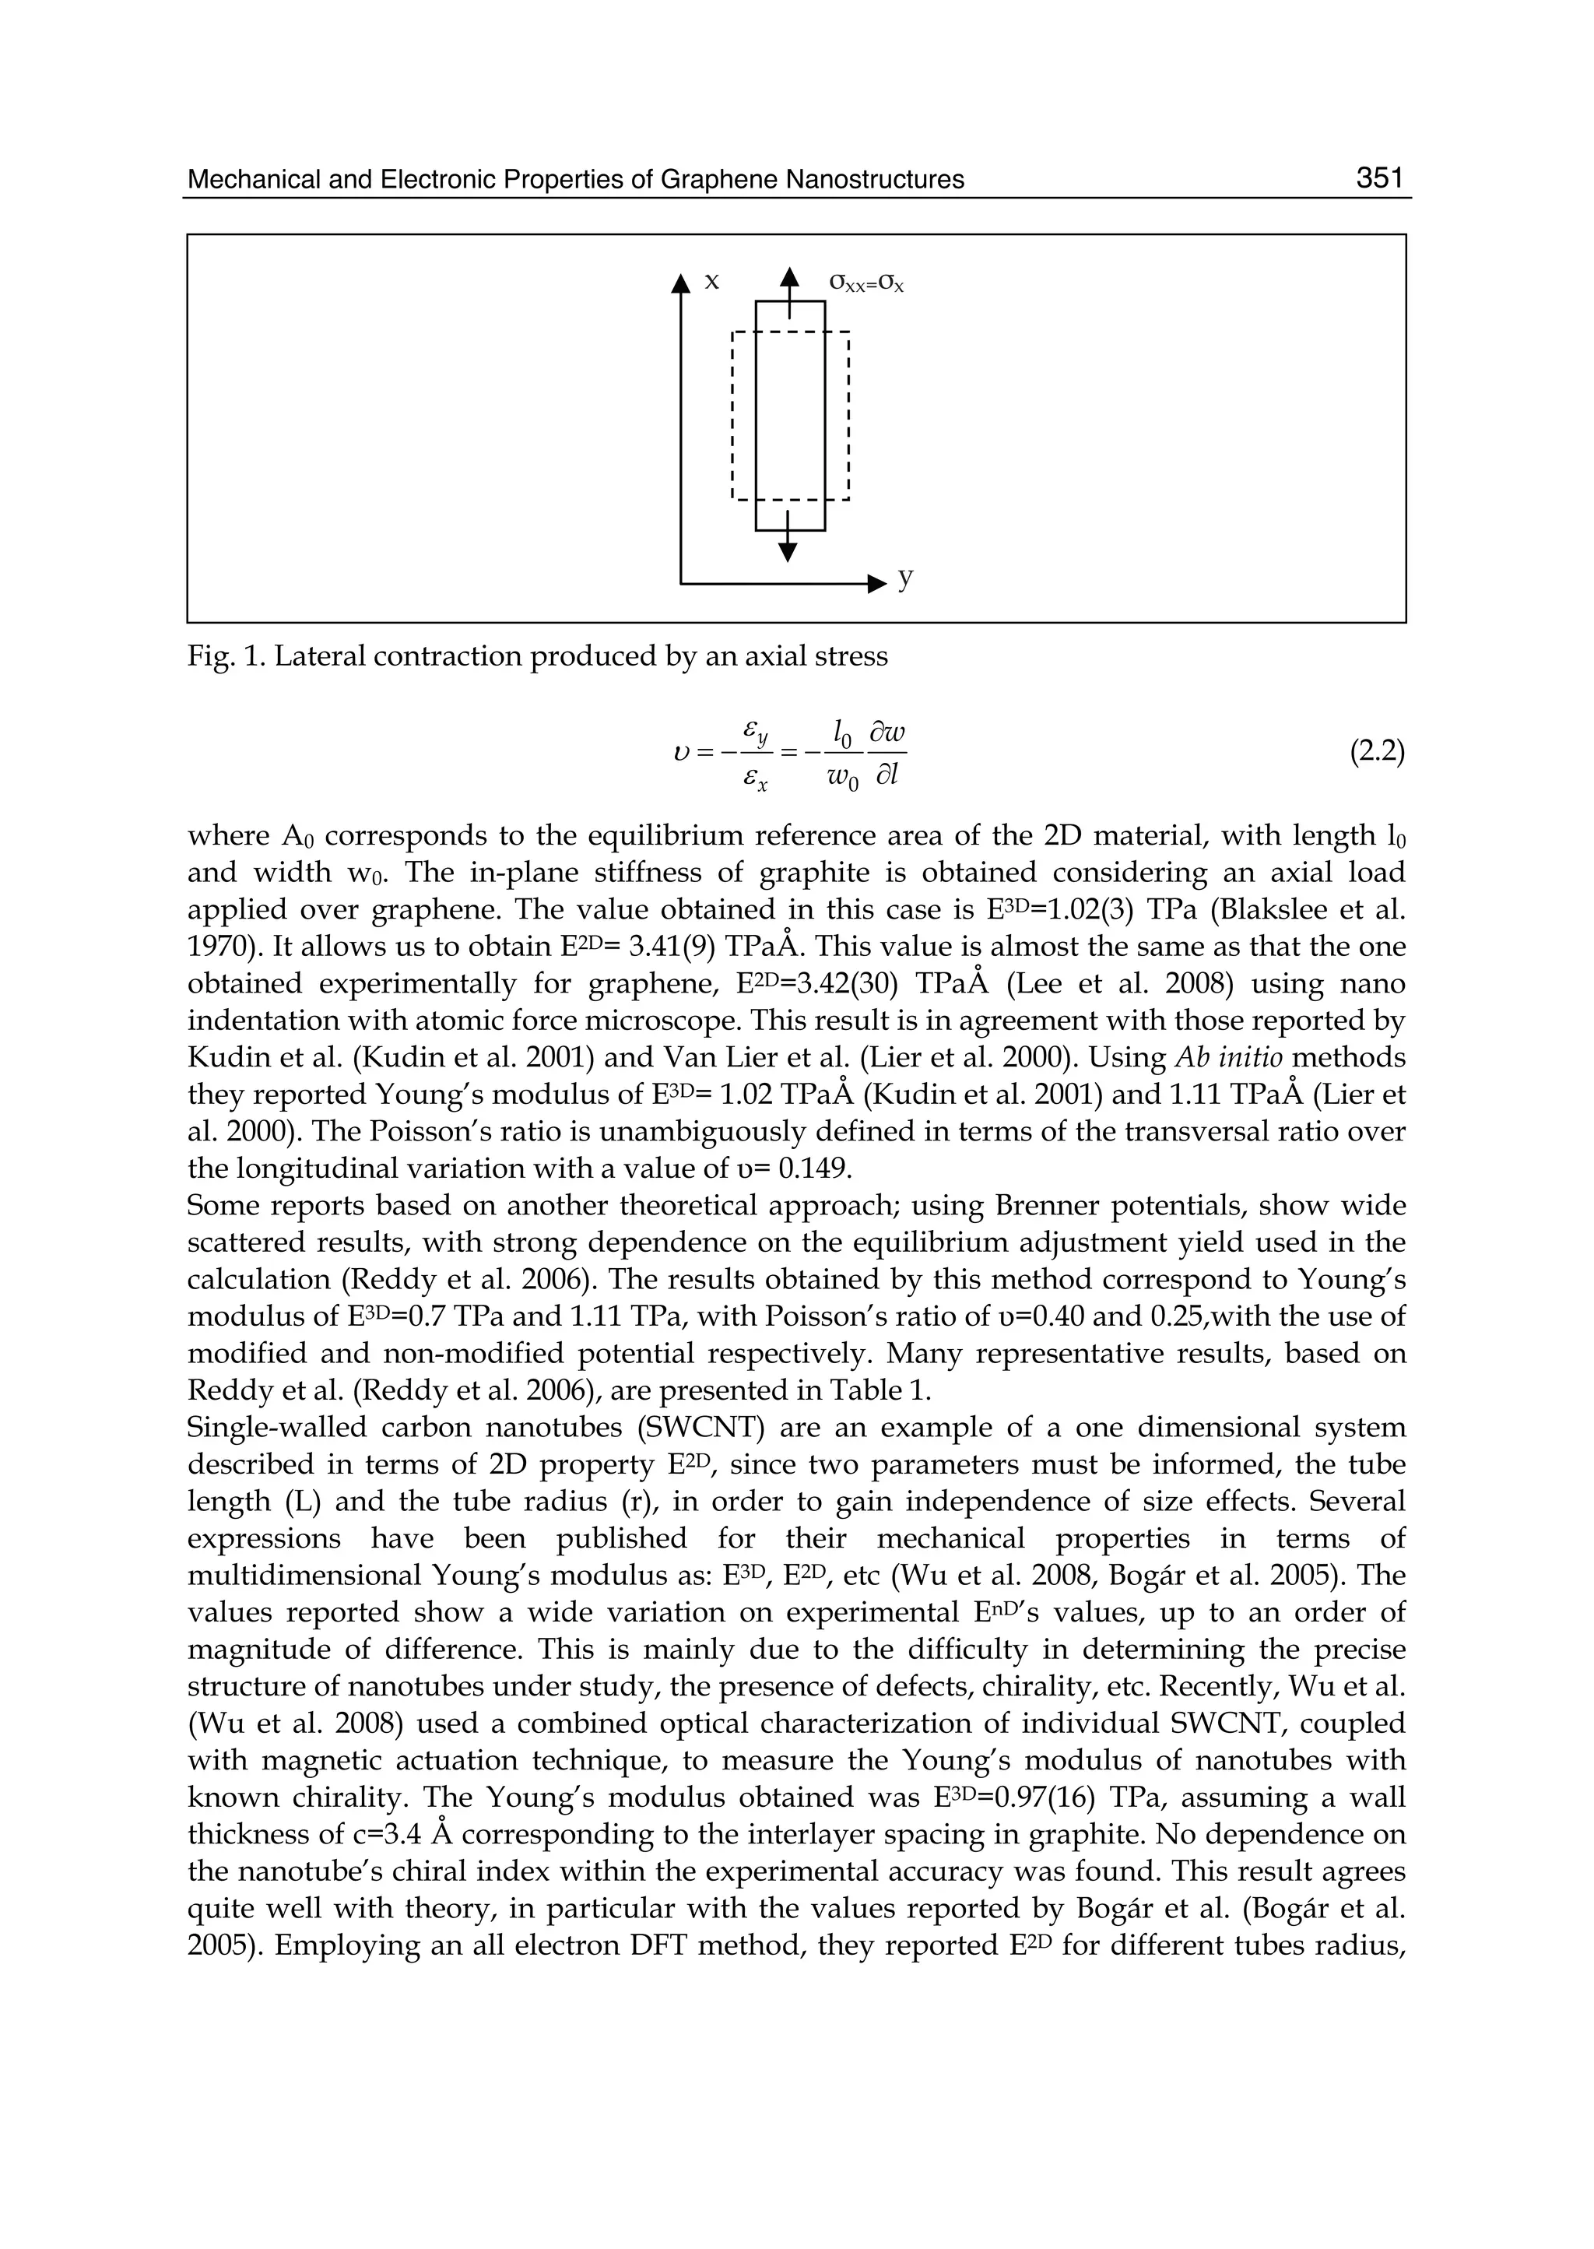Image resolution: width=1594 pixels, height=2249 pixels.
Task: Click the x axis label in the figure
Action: (x=713, y=282)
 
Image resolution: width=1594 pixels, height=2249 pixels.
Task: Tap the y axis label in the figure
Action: (x=905, y=578)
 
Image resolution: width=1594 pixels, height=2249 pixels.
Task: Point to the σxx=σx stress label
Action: (x=865, y=283)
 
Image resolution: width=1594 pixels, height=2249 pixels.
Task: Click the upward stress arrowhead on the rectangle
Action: (x=789, y=278)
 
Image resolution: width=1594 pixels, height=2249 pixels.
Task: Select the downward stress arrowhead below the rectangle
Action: (x=787, y=552)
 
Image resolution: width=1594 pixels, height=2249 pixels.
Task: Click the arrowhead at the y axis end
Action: (x=877, y=585)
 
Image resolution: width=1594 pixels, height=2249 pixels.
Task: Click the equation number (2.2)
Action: (x=1377, y=752)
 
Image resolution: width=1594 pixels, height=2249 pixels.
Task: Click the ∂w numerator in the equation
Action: (x=887, y=733)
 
